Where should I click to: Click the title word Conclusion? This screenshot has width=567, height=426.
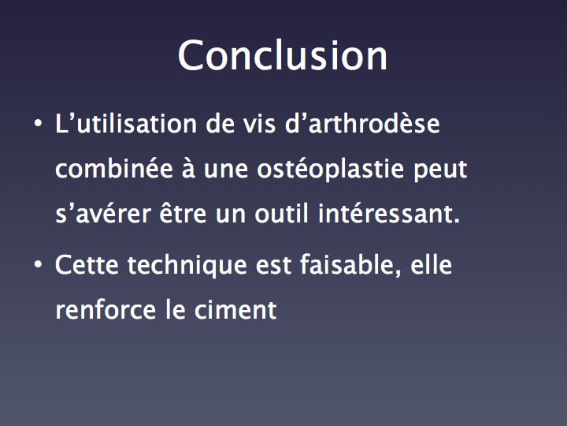283,55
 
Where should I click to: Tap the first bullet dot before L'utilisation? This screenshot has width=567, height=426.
38,124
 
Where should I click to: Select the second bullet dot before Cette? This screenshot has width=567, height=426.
38,265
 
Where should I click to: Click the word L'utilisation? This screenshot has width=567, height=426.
126,124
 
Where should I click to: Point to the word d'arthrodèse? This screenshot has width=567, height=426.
362,124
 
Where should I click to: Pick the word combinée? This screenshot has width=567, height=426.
114,169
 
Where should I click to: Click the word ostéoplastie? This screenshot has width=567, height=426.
330,170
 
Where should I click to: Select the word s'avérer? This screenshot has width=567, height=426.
103,213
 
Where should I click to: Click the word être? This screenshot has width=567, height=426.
183,213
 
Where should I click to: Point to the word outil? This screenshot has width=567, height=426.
281,213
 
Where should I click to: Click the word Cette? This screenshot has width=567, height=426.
87,265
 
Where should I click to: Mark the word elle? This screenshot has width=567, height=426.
431,265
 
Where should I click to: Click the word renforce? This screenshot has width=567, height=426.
106,310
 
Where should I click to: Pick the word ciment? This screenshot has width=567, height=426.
235,310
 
